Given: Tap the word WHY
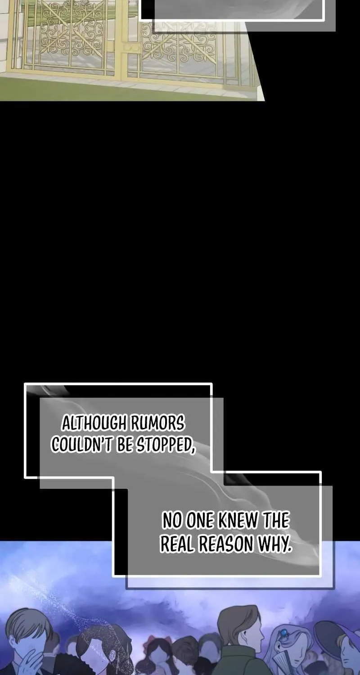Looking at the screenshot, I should [274, 544].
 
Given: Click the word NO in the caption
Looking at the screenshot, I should [171, 521].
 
